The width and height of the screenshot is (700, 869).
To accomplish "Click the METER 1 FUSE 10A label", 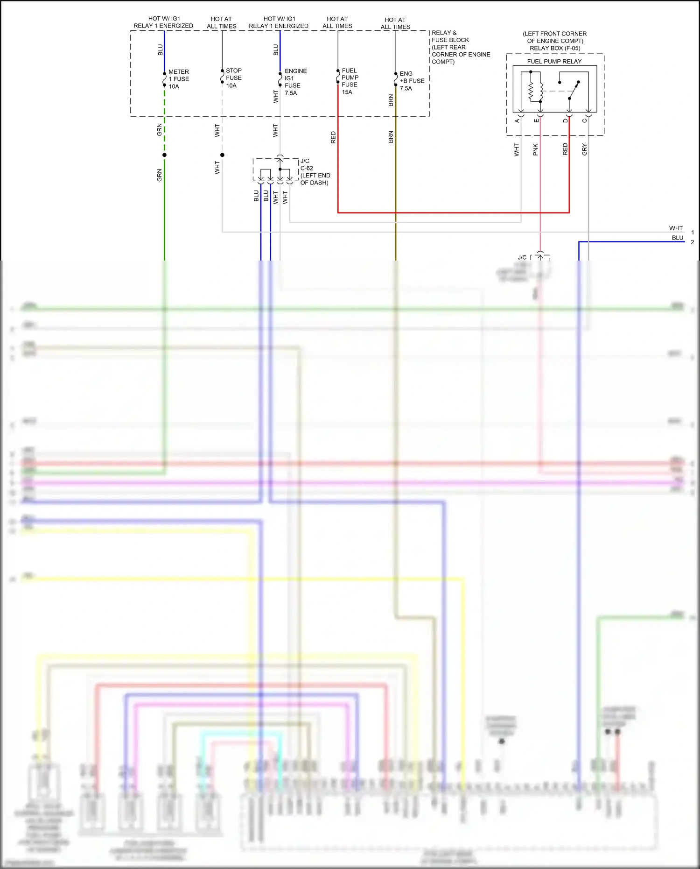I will pyautogui.click(x=179, y=79).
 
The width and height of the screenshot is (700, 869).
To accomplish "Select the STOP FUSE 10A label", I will pyautogui.click(x=233, y=78).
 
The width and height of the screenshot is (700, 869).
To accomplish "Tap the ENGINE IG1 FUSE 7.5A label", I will pyautogui.click(x=295, y=82).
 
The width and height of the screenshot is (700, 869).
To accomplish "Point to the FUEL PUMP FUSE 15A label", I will pyautogui.click(x=350, y=81).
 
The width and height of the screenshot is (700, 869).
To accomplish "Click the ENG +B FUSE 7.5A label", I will pyautogui.click(x=412, y=81).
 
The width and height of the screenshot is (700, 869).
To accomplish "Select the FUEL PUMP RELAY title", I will pyautogui.click(x=554, y=61).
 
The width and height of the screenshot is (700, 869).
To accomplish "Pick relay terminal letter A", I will pyautogui.click(x=517, y=121).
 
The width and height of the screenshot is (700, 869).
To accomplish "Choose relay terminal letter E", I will pyautogui.click(x=537, y=121).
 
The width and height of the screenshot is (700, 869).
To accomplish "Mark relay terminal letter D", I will pyautogui.click(x=565, y=121).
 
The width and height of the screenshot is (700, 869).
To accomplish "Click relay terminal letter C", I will pyautogui.click(x=584, y=121).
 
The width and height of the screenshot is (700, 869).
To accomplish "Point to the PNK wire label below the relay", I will pyautogui.click(x=535, y=149).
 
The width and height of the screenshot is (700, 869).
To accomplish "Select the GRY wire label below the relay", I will pyautogui.click(x=584, y=149).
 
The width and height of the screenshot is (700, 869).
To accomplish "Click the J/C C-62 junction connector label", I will pyautogui.click(x=315, y=172).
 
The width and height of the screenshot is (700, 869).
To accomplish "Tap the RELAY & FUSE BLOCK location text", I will pyautogui.click(x=460, y=47).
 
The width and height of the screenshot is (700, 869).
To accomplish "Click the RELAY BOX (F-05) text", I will pyautogui.click(x=555, y=48).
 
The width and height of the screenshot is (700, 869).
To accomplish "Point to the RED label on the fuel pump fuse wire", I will pyautogui.click(x=333, y=137).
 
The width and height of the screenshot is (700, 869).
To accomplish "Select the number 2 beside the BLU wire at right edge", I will pyautogui.click(x=693, y=242).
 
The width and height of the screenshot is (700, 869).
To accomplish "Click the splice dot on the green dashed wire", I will pyautogui.click(x=164, y=155).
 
